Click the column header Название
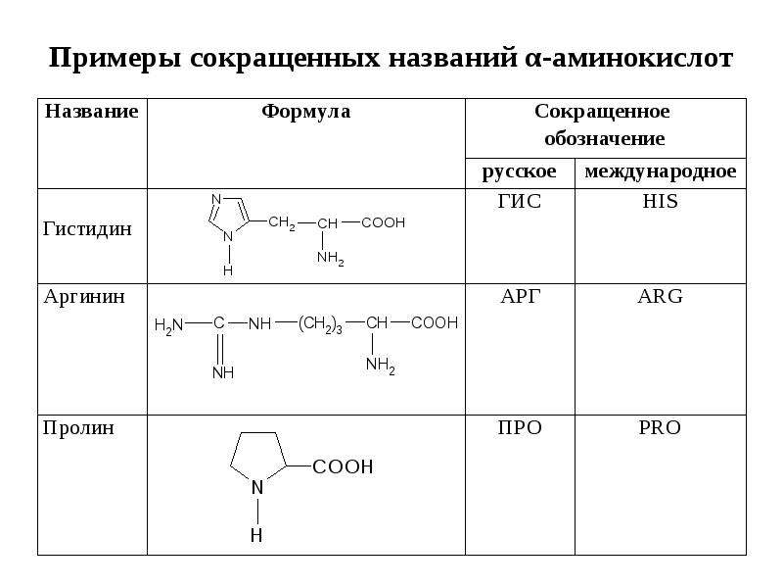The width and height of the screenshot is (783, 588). point(91,111)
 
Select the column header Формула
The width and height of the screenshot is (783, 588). point(306,112)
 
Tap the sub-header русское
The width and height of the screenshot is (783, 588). point(520,172)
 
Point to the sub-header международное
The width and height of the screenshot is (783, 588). point(660,172)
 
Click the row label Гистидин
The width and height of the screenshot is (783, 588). point(87,229)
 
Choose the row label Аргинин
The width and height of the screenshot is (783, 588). point(84,297)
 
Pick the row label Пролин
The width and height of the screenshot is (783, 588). point(79,428)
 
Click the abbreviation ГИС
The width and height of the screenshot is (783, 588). point(520,201)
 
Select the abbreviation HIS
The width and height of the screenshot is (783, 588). point(660,201)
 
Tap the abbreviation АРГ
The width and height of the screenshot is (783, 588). point(521,297)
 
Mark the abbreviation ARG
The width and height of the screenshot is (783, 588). point(660,297)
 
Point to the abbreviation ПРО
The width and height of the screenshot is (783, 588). point(520,428)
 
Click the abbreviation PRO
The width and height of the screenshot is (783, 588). point(660,428)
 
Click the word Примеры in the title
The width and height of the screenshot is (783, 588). point(115,59)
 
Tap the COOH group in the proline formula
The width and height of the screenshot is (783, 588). point(343,467)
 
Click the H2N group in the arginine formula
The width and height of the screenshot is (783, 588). point(168,325)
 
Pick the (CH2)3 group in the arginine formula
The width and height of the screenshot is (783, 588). point(320,325)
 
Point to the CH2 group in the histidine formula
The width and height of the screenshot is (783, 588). point(282,223)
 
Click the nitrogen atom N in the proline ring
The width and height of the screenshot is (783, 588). point(257,487)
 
